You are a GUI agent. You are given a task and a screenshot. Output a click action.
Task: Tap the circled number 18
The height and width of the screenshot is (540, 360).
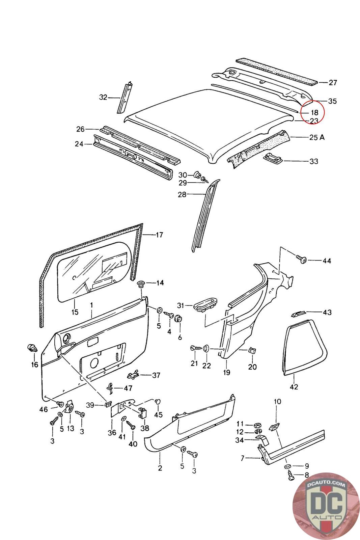pyautogui.click(x=314, y=113)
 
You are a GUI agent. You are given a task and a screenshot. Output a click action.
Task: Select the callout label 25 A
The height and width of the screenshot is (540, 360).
pyautogui.click(x=317, y=137)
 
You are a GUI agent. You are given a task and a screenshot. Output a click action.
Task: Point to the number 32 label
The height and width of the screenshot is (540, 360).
pyautogui.click(x=103, y=98)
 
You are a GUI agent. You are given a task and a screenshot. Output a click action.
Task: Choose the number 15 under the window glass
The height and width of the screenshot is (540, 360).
pyautogui.click(x=75, y=312)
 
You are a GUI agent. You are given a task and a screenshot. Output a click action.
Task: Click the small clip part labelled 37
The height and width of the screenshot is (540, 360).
pyautogui.click(x=134, y=375)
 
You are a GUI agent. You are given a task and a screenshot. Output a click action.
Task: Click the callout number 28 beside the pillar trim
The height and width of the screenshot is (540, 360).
pyautogui.click(x=182, y=194)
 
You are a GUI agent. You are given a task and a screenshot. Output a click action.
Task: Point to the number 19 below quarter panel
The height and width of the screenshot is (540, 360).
pyautogui.click(x=227, y=372)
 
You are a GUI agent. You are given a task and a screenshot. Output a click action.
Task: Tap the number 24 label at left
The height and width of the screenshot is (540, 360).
pyautogui.click(x=79, y=144)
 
